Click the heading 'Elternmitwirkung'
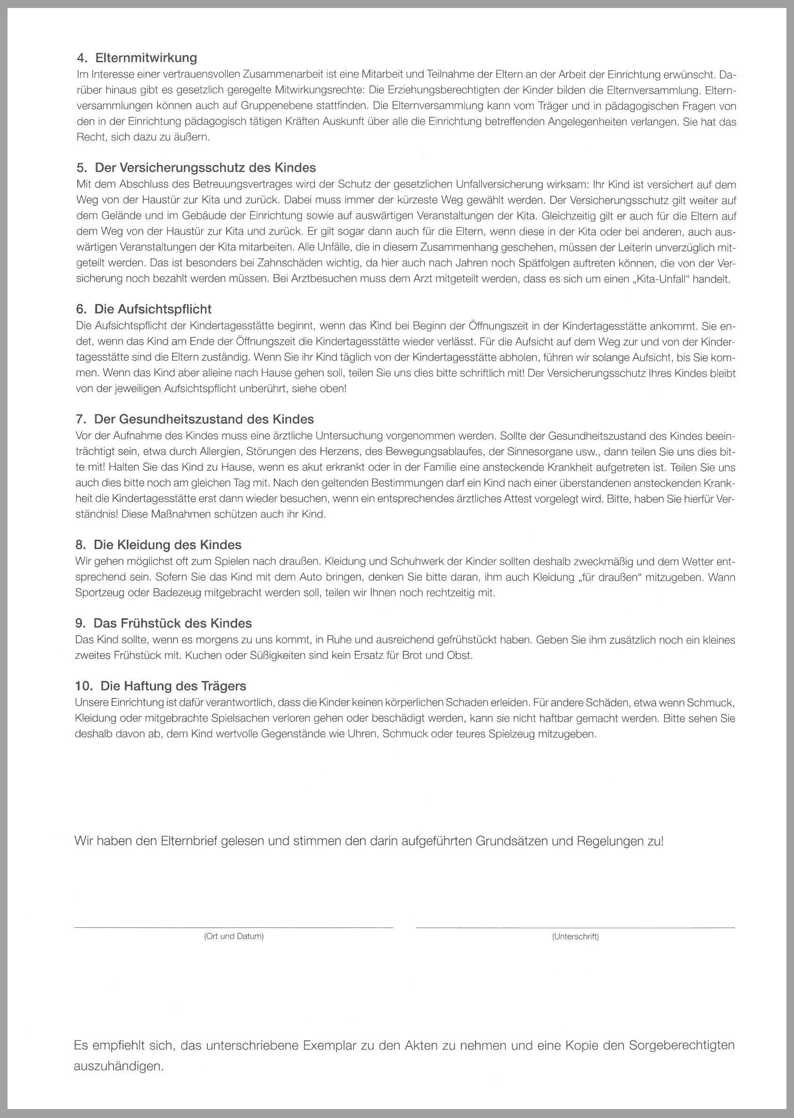coord(146,58)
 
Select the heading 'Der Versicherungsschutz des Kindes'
coord(205,168)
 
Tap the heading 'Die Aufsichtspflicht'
coord(153,309)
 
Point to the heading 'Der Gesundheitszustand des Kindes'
coord(204,419)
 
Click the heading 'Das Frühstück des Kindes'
coord(172,623)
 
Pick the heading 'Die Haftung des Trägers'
coord(173,686)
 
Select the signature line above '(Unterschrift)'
coord(575,927)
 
